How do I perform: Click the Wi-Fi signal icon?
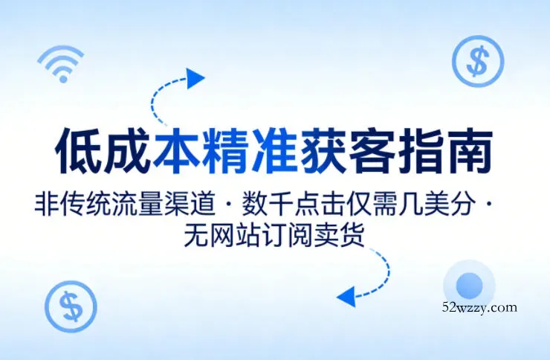[61, 65]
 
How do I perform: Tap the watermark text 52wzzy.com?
[479, 306]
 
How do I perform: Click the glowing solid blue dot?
[469, 285]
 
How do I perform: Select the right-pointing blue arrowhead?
[195, 77]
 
